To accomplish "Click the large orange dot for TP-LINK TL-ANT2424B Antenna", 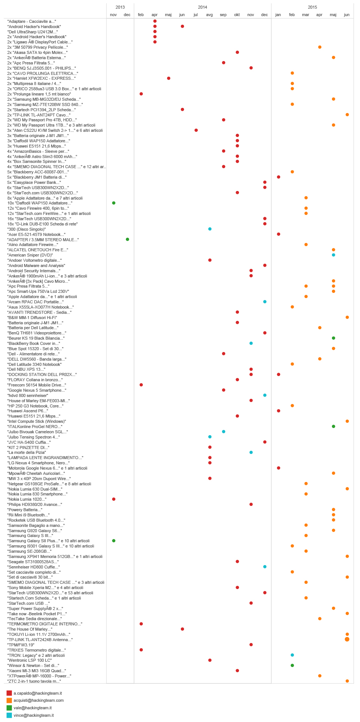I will [347, 639].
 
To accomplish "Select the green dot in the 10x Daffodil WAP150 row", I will [114, 203].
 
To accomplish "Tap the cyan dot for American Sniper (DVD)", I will [333, 255].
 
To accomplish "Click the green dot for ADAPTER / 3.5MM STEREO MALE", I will [127, 239].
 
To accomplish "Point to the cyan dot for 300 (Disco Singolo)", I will [210, 229].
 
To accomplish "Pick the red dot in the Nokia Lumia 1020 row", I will [114, 499].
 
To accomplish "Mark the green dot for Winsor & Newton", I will [292, 665].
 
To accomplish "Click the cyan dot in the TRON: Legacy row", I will [292, 655].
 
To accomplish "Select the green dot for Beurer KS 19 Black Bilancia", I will [333, 338].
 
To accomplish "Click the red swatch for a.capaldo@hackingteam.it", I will [9, 693].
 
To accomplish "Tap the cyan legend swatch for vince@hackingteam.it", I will [9, 715].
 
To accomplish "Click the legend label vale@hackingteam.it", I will [33, 708].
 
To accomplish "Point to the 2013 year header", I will [120, 7].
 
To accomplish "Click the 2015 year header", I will [312, 7].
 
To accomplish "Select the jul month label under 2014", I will [196, 15].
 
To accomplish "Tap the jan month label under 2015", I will [278, 15].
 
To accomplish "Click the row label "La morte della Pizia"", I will [27, 452].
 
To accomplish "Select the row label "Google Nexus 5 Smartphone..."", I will [37, 390].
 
